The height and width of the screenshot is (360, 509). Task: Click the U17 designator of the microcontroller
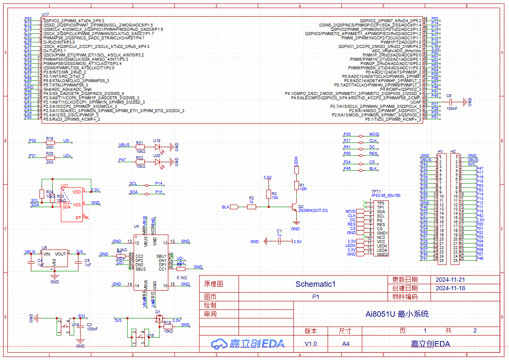click(45, 15)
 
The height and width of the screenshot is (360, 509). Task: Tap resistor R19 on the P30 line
click(50, 141)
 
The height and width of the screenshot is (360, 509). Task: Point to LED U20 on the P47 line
click(157, 161)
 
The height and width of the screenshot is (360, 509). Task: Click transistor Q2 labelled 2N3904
click(295, 207)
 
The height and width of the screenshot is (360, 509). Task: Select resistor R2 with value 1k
click(252, 207)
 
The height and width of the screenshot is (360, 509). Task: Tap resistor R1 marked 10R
click(296, 185)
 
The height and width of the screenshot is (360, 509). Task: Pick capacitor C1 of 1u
click(279, 241)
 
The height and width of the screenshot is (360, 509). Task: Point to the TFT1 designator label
click(364, 191)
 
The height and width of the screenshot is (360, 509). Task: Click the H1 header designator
click(440, 152)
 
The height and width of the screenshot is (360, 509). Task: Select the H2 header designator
click(453, 152)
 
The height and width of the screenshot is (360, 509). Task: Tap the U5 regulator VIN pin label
click(47, 254)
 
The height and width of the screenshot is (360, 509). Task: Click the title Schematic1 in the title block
click(316, 284)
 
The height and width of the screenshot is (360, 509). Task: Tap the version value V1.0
click(311, 344)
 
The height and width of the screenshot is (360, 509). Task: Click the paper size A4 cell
click(345, 344)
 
